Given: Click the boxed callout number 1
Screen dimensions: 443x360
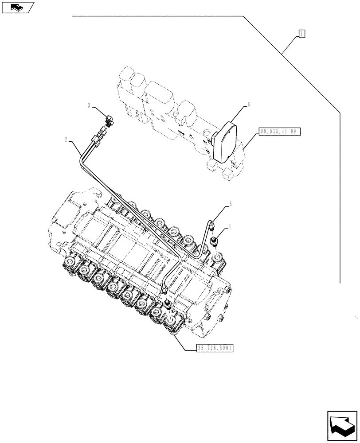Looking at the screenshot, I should pyautogui.click(x=301, y=33).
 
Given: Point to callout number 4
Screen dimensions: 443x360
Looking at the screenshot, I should pyautogui.click(x=229, y=228).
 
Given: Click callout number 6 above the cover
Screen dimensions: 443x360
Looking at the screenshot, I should pyautogui.click(x=248, y=105).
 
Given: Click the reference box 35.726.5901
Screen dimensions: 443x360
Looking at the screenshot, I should pyautogui.click(x=215, y=348).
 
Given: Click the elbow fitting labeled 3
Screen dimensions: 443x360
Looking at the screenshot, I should pyautogui.click(x=109, y=120).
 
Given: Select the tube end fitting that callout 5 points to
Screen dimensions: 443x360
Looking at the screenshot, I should pyautogui.click(x=211, y=225).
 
